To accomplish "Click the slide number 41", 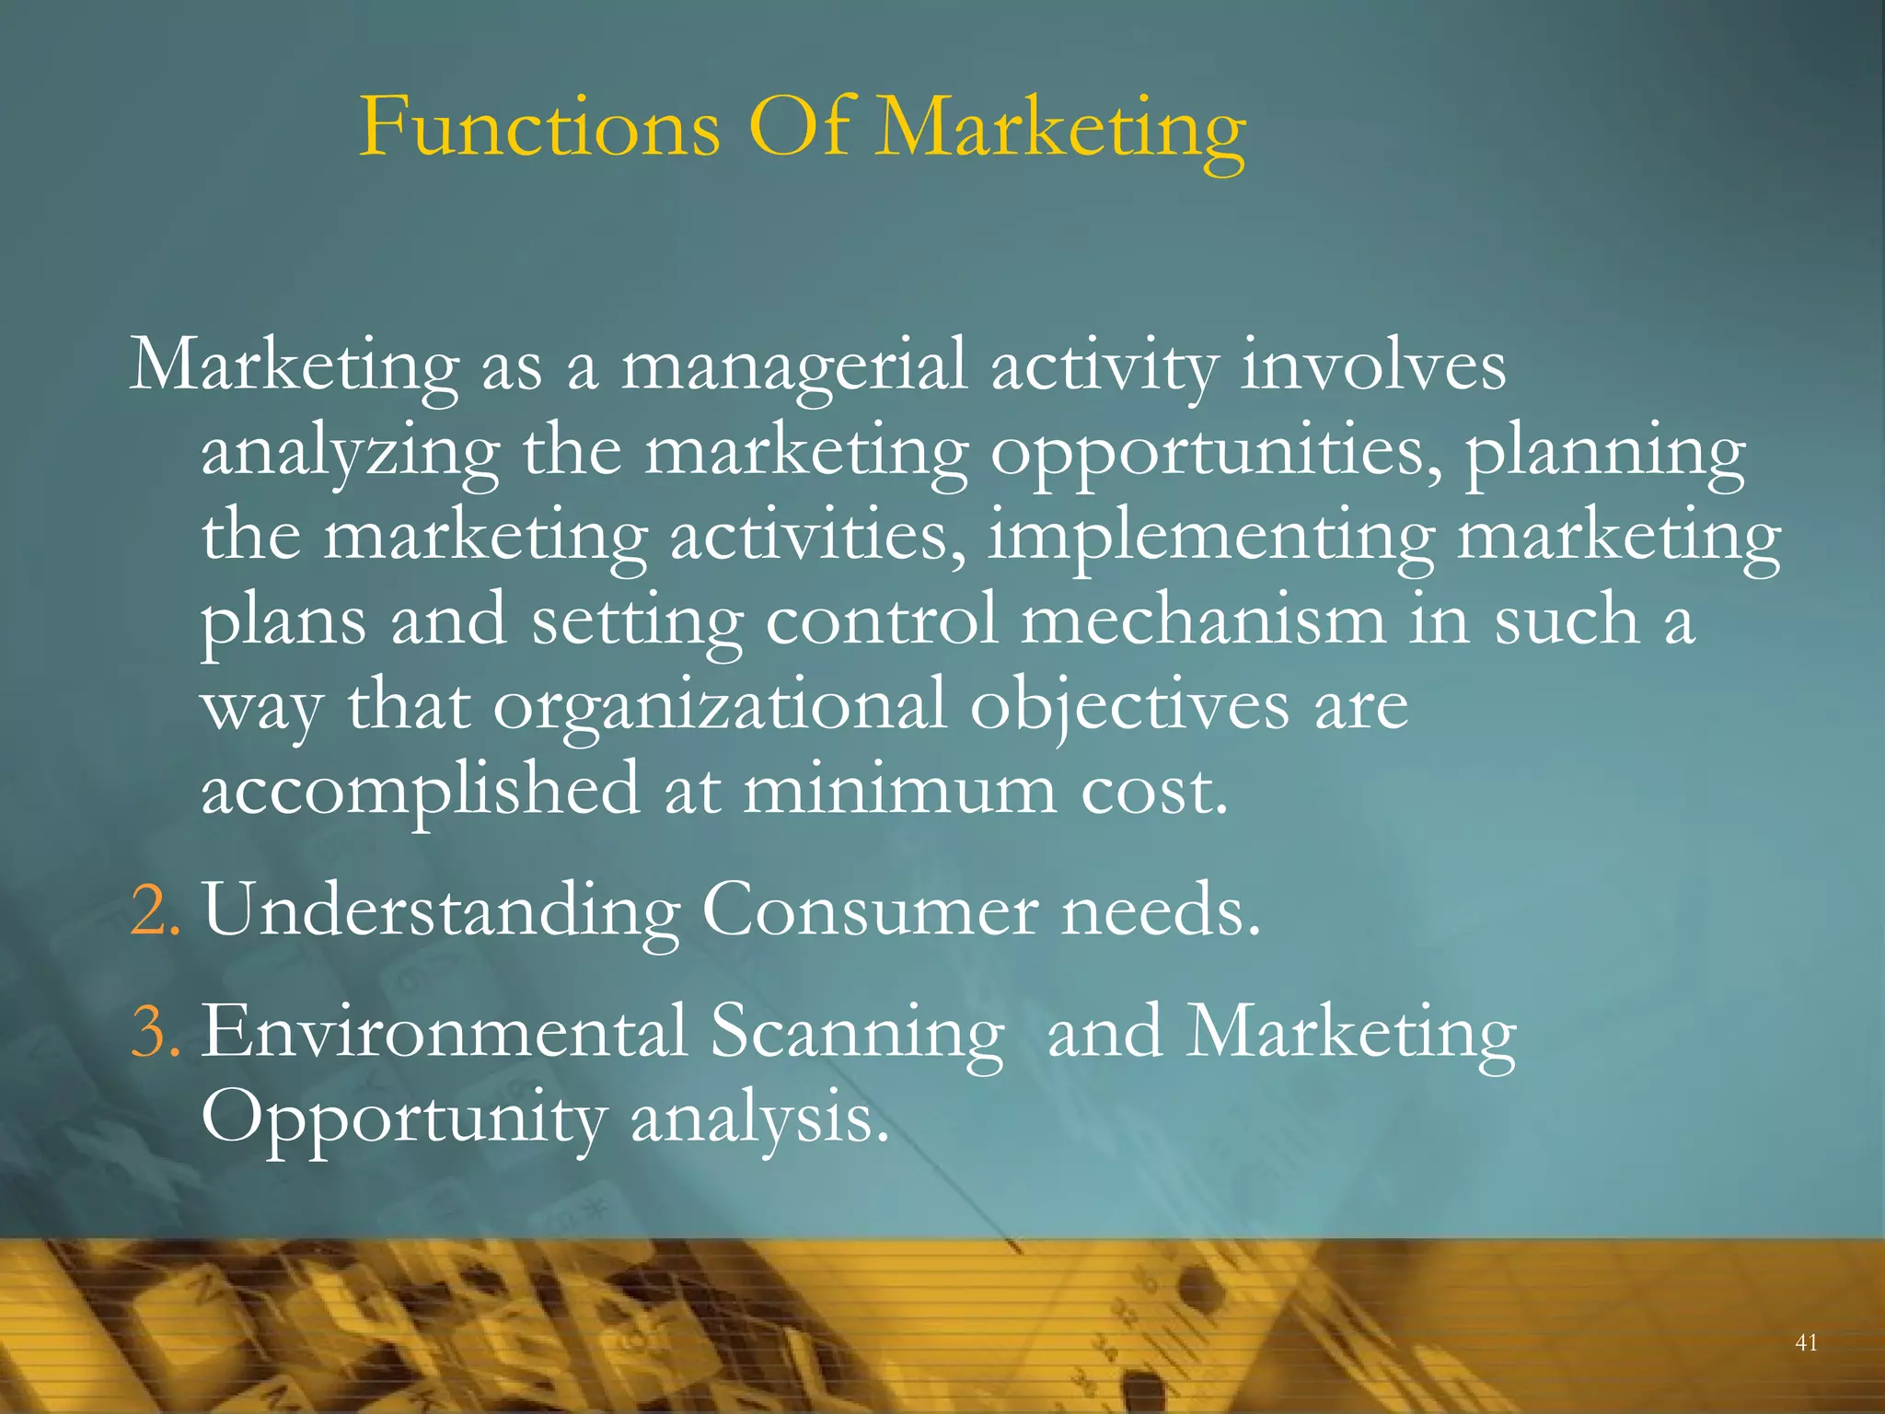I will [1806, 1342].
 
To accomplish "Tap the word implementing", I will [1209, 537].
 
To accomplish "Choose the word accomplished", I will [420, 790].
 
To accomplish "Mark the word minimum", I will [899, 790].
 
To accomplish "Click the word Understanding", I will [442, 910].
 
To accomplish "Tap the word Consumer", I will [869, 910].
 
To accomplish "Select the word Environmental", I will [445, 1032].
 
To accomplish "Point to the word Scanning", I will [856, 1032].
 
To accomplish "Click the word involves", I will [1372, 366].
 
